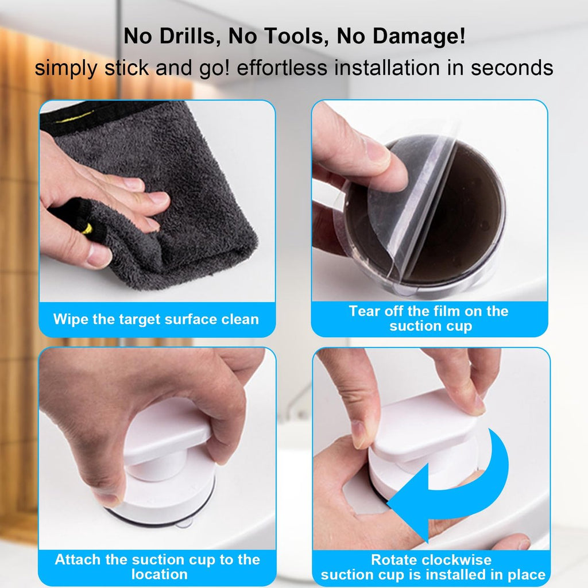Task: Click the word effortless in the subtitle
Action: point(282,68)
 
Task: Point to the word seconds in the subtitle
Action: point(512,68)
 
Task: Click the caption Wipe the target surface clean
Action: point(156,319)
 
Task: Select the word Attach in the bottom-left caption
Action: point(78,559)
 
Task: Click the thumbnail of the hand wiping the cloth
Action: point(157,201)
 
